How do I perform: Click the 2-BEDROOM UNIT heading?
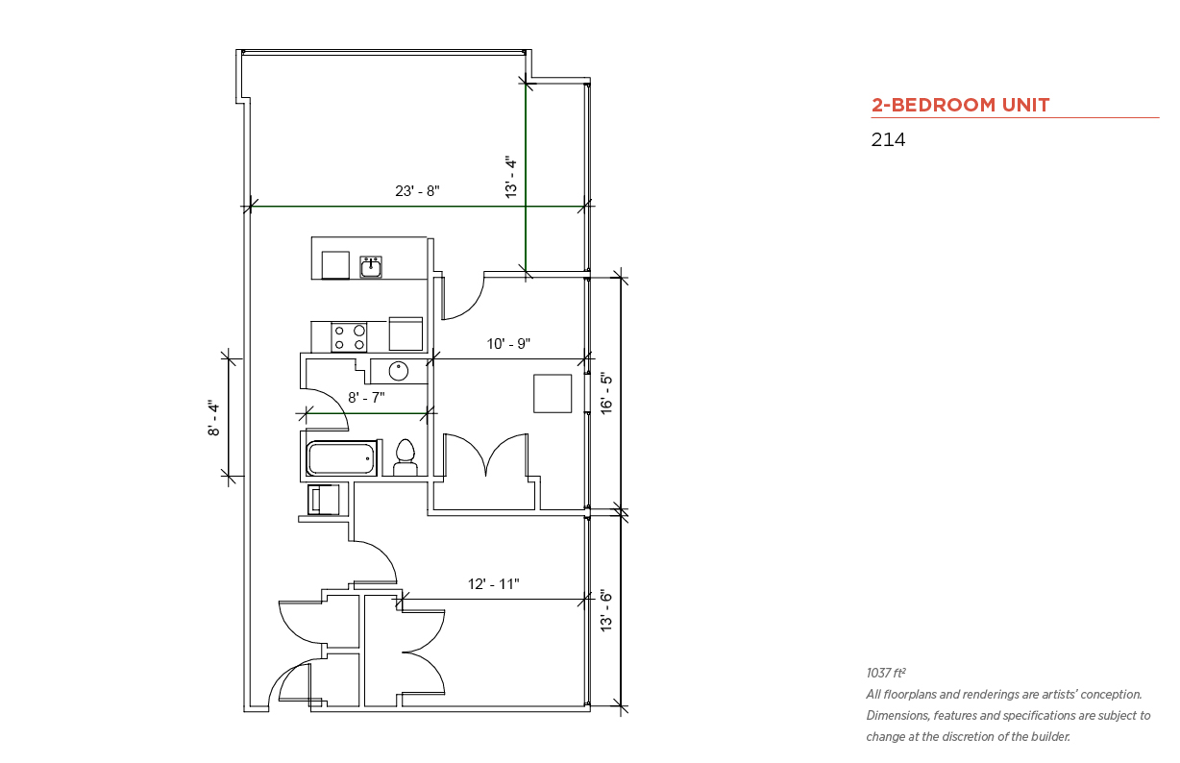click(960, 106)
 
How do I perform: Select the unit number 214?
click(888, 139)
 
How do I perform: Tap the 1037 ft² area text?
click(886, 673)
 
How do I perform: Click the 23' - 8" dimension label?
click(417, 190)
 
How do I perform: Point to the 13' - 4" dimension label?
click(511, 177)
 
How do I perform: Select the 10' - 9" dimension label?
click(508, 344)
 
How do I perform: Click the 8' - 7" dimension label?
click(366, 397)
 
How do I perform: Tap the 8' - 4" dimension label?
click(213, 418)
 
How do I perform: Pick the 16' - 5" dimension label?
click(607, 394)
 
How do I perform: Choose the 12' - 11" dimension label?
click(494, 584)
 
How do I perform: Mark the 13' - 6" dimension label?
click(607, 611)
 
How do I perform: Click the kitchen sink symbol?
click(371, 266)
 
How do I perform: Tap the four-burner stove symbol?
click(349, 337)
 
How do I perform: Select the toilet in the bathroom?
click(406, 458)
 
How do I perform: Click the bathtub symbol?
click(341, 458)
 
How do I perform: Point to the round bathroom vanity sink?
click(398, 371)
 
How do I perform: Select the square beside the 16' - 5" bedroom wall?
click(553, 394)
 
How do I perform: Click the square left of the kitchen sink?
click(335, 265)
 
